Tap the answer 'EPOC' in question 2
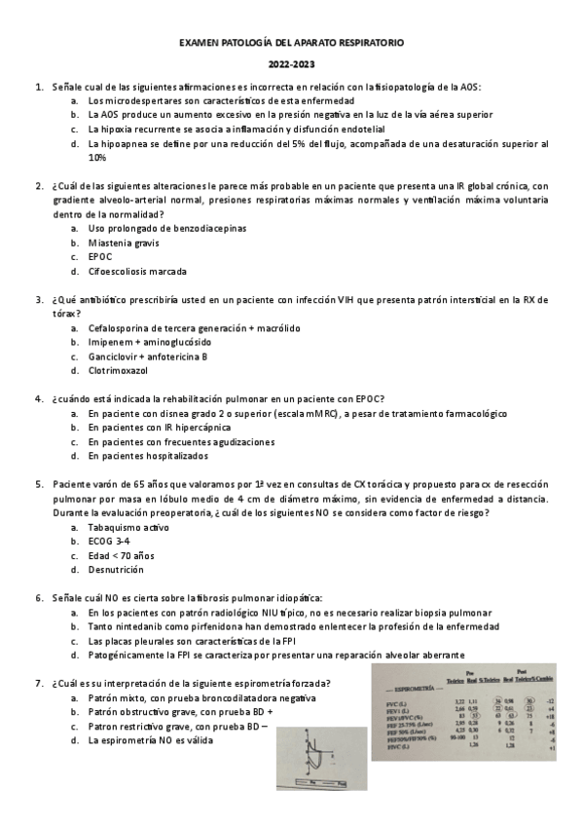(x=100, y=257)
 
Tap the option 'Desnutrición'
(x=116, y=569)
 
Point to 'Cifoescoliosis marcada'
(x=137, y=271)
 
